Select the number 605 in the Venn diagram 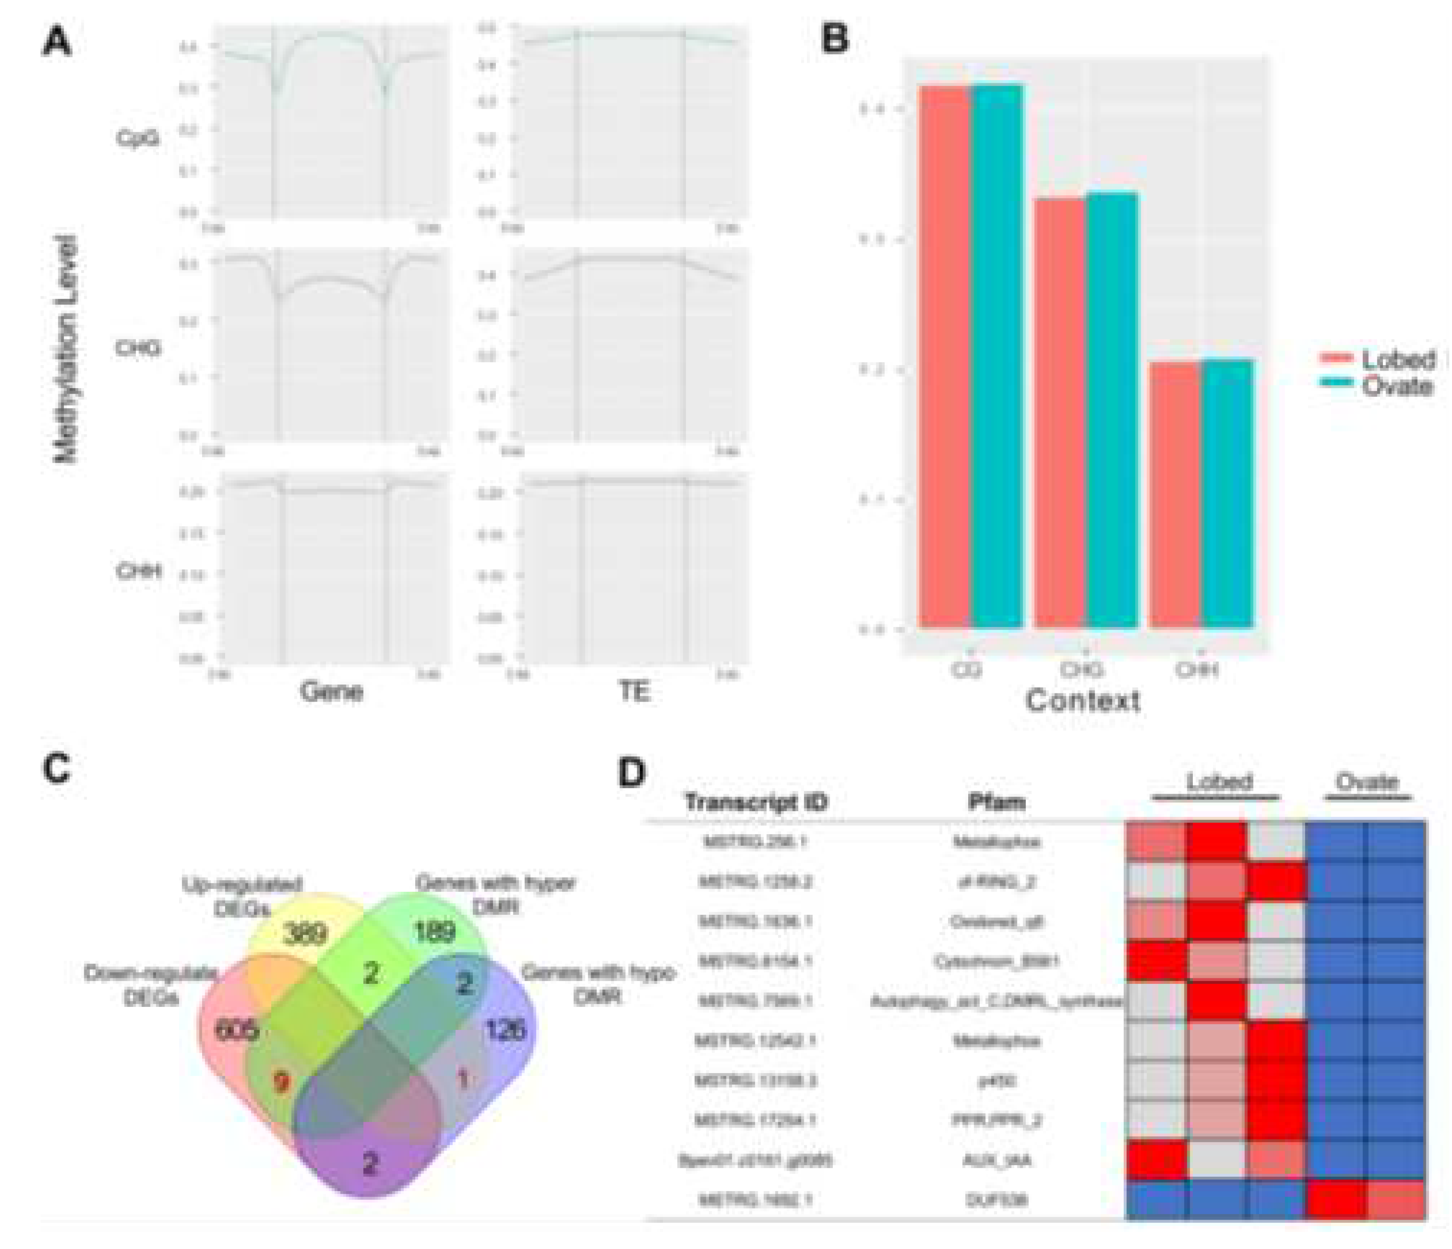237,1029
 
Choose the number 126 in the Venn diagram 505,1029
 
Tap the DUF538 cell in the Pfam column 996,1200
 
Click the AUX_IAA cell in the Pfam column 996,1160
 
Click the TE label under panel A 634,692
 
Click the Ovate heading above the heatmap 1366,782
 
